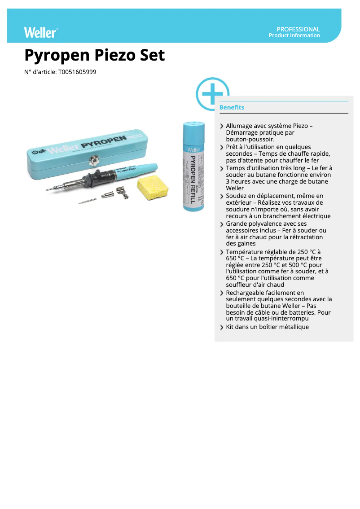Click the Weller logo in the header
pyautogui.click(x=41, y=32)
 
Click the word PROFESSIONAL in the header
pyautogui.click(x=298, y=29)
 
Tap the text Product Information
pyautogui.click(x=294, y=35)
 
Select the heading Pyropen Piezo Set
pyautogui.click(x=95, y=55)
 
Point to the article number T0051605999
pyautogui.click(x=77, y=72)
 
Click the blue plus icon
pyautogui.click(x=212, y=94)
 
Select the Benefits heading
pyautogui.click(x=232, y=108)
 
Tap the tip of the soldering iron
pyautogui.click(x=48, y=190)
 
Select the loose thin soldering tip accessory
pyautogui.click(x=88, y=202)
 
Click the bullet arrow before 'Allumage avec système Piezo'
pyautogui.click(x=222, y=127)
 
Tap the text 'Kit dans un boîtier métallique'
pyautogui.click(x=267, y=327)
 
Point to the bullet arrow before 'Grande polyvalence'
pyautogui.click(x=222, y=224)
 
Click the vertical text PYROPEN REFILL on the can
pyautogui.click(x=193, y=180)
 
